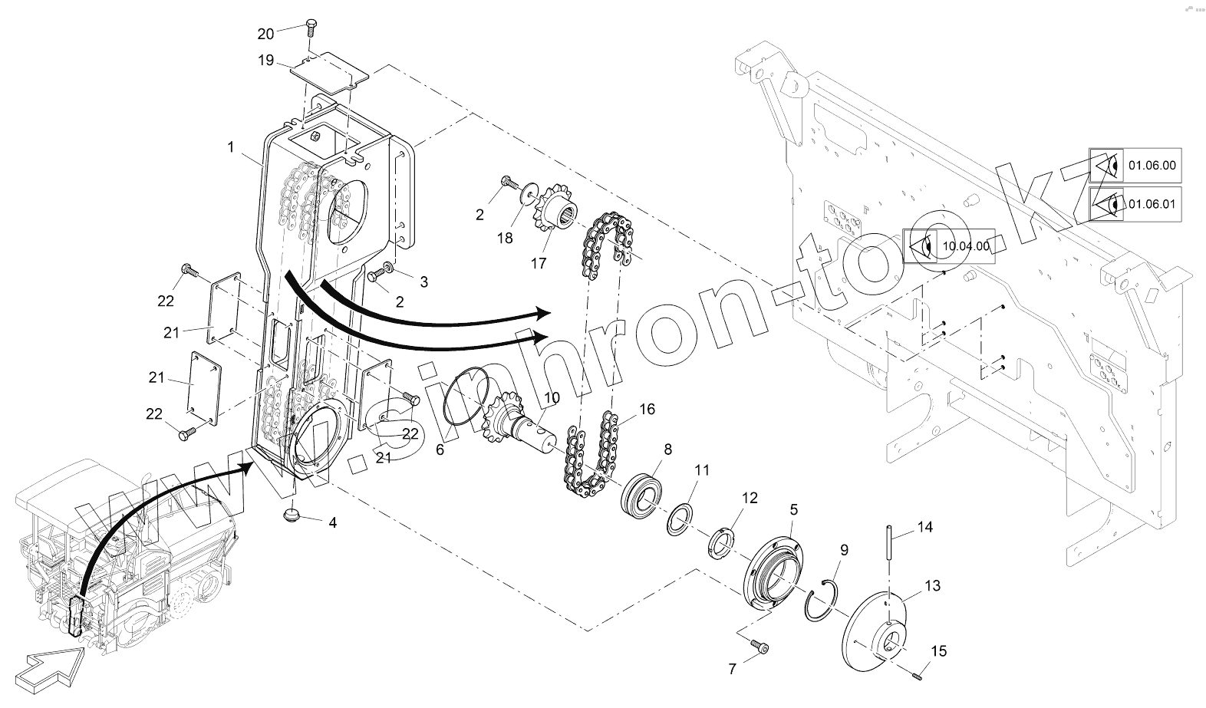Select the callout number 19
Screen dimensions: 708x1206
265,61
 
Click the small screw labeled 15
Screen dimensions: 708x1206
917,674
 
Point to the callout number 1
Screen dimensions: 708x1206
230,147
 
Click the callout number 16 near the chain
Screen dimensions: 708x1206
647,409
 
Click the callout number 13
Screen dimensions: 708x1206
931,586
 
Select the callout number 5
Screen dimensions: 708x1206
793,509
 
